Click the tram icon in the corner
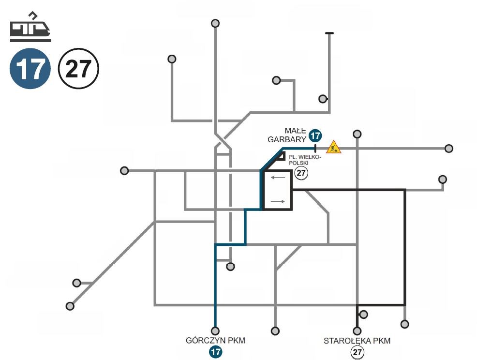coord(30,25)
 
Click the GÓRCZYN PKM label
coord(215,341)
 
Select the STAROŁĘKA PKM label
coord(357,341)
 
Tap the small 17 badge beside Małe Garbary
coord(315,135)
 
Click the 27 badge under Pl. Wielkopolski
coord(301,173)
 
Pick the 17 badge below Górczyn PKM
coord(215,352)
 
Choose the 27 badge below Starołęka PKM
coord(357,352)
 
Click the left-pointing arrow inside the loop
coord(277,178)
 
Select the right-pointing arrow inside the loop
coord(277,201)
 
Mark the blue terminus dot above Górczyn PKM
coord(215,331)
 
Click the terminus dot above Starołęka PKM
coord(357,331)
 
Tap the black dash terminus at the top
coord(329,33)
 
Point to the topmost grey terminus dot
coord(215,23)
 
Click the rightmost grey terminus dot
coord(449,148)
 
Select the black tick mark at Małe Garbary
coord(315,148)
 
